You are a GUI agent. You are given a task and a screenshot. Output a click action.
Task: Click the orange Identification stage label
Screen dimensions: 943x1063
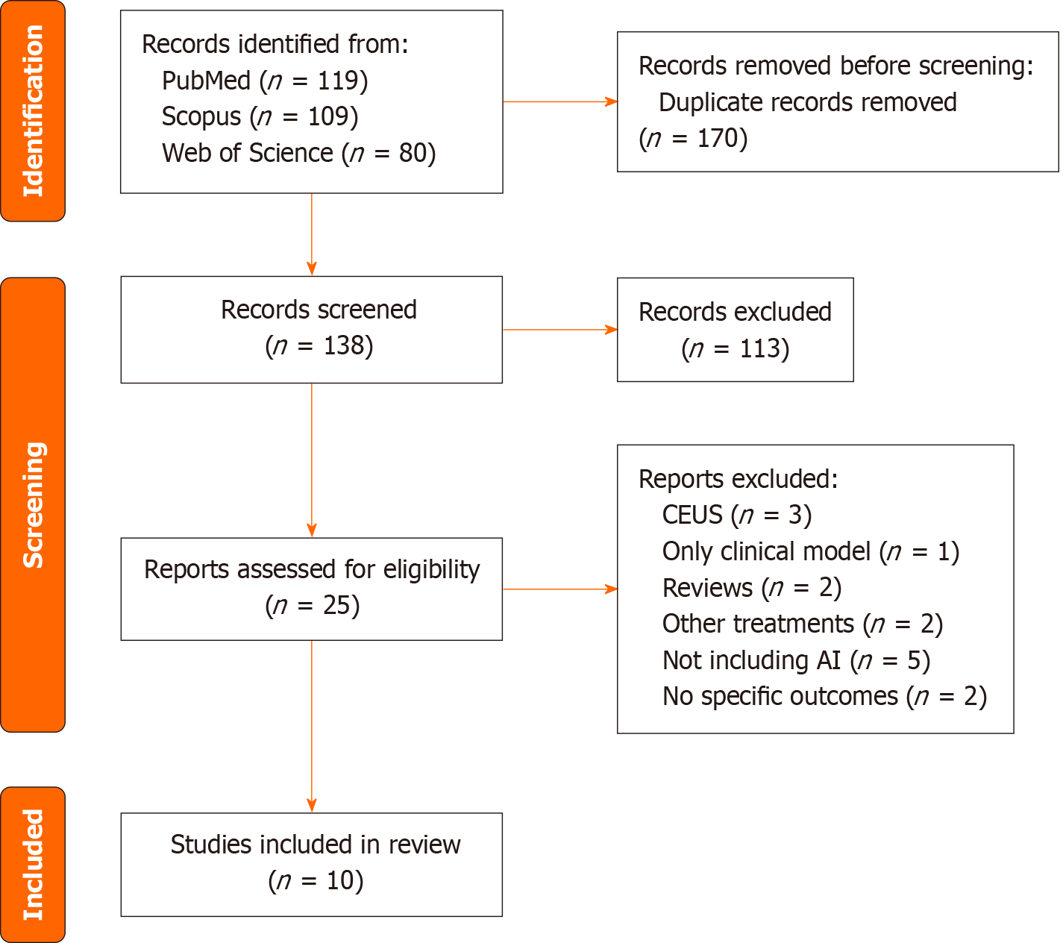point(33,111)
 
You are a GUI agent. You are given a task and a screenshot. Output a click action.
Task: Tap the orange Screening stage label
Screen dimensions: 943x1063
point(33,504)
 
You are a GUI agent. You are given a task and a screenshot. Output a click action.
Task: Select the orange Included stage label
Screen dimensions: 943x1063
point(33,864)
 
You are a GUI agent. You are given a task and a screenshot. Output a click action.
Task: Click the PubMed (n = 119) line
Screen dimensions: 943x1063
point(265,81)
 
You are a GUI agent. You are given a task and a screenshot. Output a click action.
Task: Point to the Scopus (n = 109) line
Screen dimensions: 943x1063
point(260,116)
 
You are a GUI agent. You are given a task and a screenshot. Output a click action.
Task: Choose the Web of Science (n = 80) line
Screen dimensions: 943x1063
point(298,153)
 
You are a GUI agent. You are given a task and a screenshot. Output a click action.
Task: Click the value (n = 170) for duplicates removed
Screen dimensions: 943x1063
point(693,138)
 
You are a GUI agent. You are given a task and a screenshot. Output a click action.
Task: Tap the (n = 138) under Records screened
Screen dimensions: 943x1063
point(319,345)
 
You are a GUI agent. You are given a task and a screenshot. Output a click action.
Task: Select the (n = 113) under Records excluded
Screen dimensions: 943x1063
point(735,348)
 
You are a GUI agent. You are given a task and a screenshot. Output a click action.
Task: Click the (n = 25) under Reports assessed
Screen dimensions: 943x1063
point(313,605)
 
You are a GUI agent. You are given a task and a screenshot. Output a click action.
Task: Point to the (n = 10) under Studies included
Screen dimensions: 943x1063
point(316,880)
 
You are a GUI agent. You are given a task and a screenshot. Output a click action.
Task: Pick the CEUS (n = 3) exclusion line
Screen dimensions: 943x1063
point(736,515)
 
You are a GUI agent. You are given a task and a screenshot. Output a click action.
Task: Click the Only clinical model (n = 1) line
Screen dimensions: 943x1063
point(810,551)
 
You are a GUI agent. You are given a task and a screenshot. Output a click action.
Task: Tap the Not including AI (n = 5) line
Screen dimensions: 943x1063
point(796,660)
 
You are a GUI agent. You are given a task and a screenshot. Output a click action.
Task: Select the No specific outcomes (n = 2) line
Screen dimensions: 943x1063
point(824,696)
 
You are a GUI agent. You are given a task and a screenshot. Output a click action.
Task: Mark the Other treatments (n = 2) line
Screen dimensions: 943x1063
point(802,624)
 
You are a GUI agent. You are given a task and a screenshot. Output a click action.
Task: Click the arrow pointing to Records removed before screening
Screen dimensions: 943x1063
point(559,101)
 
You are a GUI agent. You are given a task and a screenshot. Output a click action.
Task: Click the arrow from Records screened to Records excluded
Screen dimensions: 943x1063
point(559,329)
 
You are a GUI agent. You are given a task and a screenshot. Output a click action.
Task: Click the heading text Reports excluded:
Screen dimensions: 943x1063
point(738,479)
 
